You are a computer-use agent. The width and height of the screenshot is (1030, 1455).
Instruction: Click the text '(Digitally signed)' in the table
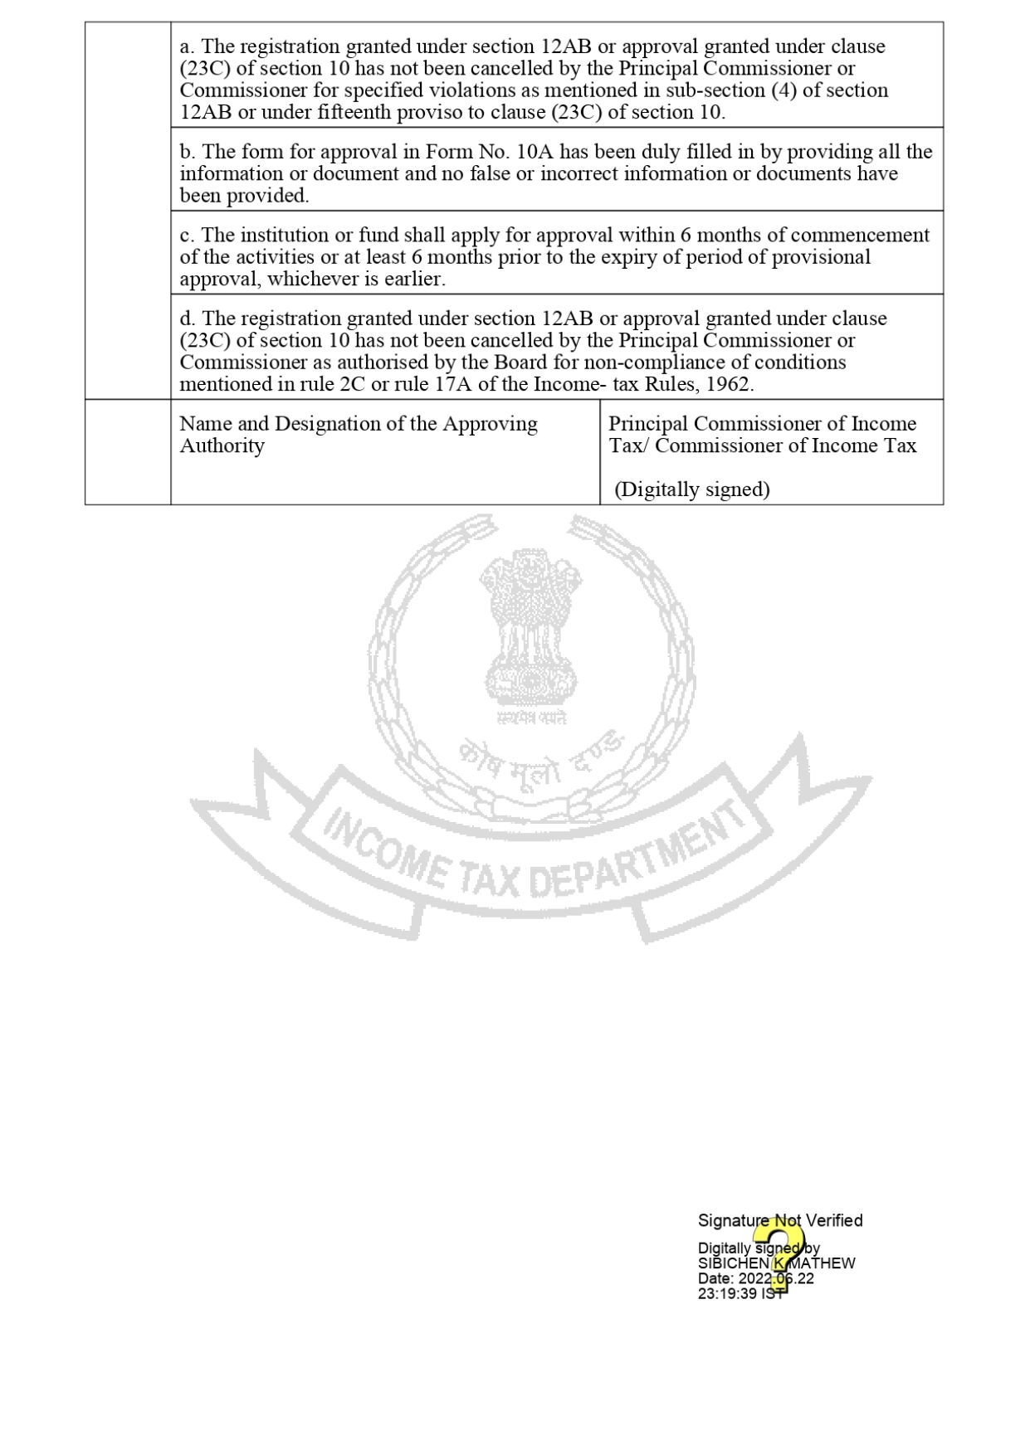click(692, 489)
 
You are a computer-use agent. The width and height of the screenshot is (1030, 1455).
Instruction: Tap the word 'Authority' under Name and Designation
click(222, 446)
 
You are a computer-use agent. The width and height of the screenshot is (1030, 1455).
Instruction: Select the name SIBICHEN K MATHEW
click(776, 1263)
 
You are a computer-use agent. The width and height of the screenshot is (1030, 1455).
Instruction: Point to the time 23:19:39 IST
click(740, 1293)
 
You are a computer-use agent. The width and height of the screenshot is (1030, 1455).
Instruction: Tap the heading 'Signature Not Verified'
click(779, 1220)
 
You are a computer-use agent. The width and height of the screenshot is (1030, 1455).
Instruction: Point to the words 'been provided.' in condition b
click(244, 196)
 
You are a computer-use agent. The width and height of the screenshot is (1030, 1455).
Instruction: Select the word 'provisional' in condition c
click(821, 257)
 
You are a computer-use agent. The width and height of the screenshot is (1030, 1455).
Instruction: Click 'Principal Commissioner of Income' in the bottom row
click(762, 424)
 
